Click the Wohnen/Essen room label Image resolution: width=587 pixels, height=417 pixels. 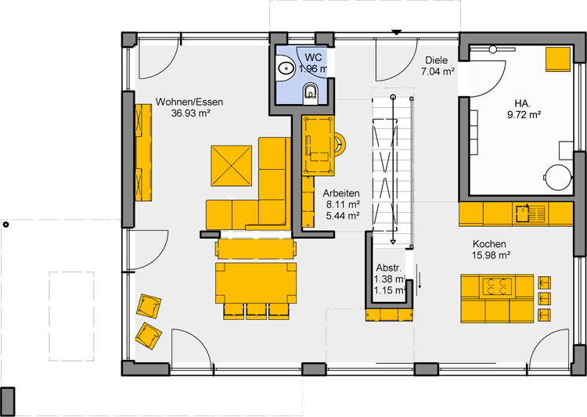tap(189, 102)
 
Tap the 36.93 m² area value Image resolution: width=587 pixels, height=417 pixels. tap(190, 113)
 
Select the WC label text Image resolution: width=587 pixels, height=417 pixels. tap(313, 58)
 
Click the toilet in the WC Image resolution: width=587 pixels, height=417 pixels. tap(311, 92)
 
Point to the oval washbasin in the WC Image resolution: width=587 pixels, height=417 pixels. tap(286, 68)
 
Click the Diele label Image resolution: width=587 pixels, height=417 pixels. tap(437, 60)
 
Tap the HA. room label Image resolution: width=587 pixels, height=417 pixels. tap(524, 104)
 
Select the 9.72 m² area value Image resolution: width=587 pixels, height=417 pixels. tap(524, 115)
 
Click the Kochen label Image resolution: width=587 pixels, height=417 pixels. tap(489, 244)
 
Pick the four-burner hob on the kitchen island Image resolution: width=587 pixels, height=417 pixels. tap(497, 286)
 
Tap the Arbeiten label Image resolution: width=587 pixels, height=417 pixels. tap(341, 193)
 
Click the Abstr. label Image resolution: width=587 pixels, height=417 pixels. tap(388, 268)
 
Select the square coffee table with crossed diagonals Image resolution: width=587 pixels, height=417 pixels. tap(232, 166)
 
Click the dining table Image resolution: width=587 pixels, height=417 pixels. tap(256, 283)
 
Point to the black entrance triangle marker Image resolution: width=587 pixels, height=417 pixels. tap(397, 33)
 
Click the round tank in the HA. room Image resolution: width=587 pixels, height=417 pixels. tap(558, 177)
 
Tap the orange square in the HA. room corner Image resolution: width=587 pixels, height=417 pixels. tap(558, 59)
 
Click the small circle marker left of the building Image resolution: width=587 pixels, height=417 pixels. tap(5, 225)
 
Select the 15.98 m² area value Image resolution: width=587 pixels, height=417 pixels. tap(492, 255)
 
